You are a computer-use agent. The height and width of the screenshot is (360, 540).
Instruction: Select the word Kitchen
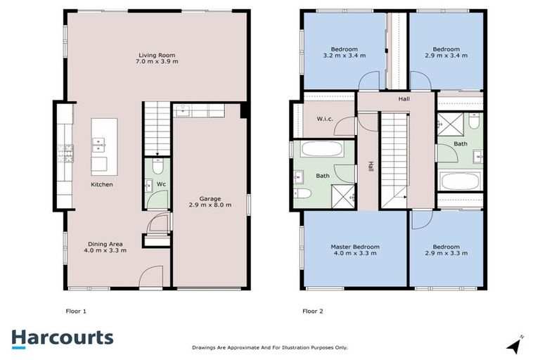(102, 185)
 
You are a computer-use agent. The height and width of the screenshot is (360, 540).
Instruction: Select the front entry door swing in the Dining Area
(150, 277)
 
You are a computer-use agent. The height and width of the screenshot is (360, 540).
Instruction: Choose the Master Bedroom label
(355, 247)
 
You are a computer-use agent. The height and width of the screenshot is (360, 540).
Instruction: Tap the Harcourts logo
(63, 337)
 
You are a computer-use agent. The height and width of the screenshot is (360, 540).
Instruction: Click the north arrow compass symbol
(515, 345)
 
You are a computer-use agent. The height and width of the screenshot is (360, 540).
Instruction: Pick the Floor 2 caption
(313, 310)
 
